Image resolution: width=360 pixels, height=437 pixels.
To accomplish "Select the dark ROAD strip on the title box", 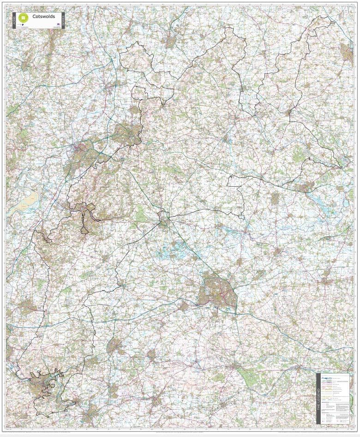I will [14, 20].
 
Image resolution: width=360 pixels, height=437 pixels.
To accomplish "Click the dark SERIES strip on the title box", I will [63, 20].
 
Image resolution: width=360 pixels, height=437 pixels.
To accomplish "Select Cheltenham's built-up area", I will [126, 134].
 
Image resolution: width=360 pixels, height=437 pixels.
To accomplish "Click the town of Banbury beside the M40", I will [346, 53].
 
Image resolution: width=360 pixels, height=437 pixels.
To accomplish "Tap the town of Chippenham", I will [114, 346].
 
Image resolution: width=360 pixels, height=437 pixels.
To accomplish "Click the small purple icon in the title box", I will [57, 23].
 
